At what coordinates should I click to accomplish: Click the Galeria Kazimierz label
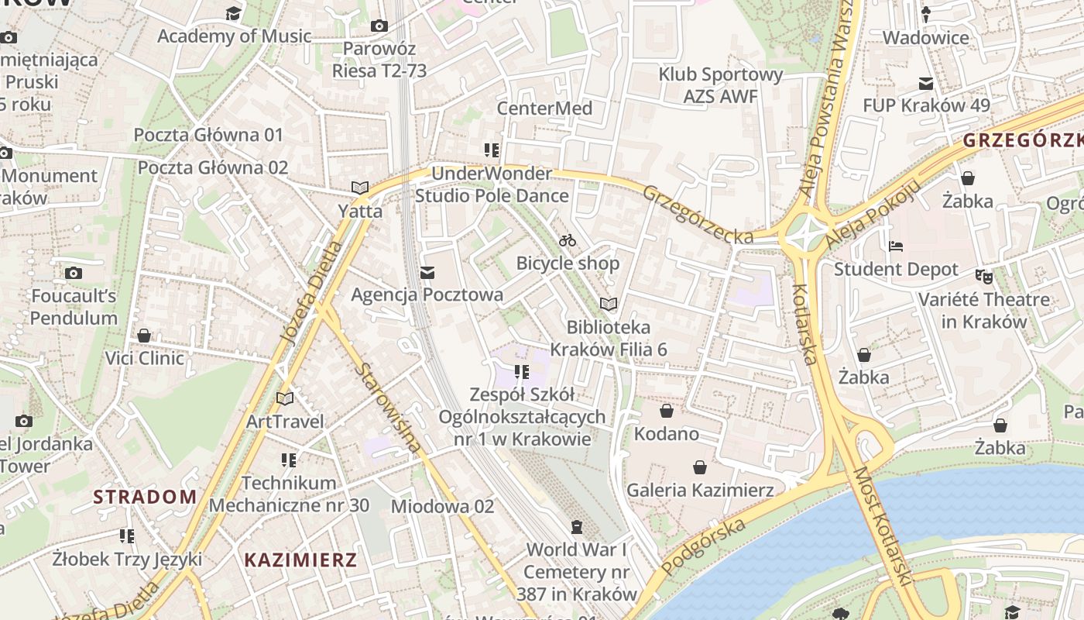[x=700, y=490]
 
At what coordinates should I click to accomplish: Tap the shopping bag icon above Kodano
[x=666, y=411]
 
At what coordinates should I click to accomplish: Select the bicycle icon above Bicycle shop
[x=568, y=240]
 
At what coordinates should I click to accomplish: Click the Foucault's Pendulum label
[x=74, y=307]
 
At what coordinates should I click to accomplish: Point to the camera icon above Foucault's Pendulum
[x=74, y=273]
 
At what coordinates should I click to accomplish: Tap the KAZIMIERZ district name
[x=300, y=560]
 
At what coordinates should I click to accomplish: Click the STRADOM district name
[x=145, y=497]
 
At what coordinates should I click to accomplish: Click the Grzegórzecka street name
[x=697, y=215]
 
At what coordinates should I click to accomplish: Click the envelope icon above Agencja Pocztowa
[x=427, y=273]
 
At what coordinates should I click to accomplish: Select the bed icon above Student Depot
[x=896, y=246]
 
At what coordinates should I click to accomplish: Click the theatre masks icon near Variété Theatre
[x=983, y=275]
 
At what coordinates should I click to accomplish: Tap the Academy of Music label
[x=234, y=36]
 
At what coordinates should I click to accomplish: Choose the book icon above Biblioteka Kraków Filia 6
[x=609, y=304]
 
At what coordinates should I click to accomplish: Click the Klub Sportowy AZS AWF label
[x=721, y=85]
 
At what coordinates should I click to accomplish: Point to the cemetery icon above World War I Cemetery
[x=576, y=528]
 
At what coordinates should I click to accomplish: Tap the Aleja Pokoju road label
[x=873, y=213]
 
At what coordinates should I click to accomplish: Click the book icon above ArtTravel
[x=285, y=398]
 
